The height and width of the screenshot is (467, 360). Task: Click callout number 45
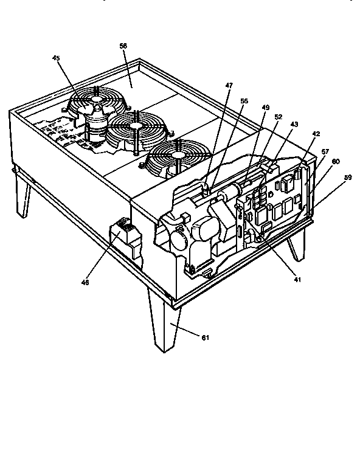[x=56, y=58]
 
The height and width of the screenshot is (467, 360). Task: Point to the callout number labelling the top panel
[x=123, y=46]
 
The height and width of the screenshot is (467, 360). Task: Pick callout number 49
[x=265, y=107]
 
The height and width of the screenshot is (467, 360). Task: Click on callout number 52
[x=278, y=116]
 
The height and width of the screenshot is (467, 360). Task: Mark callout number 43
[x=294, y=123]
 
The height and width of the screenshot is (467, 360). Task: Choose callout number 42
[x=316, y=133]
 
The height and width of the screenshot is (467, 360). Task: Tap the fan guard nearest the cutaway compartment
[x=176, y=157]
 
